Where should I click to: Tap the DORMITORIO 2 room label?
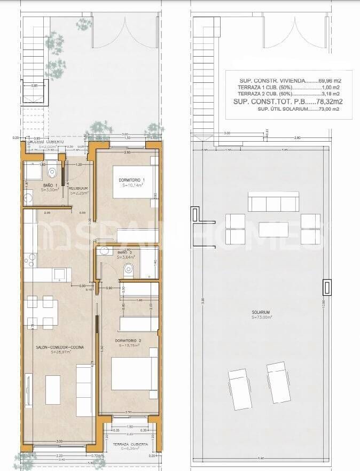click(127, 340)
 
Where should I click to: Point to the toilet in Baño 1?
click(52, 172)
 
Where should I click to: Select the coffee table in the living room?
click(53, 390)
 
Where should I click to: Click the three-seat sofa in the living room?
click(84, 390)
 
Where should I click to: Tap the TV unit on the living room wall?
click(28, 390)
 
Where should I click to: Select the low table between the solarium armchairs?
click(273, 229)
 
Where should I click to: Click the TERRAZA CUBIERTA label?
click(128, 444)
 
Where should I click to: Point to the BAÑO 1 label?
click(51, 185)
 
